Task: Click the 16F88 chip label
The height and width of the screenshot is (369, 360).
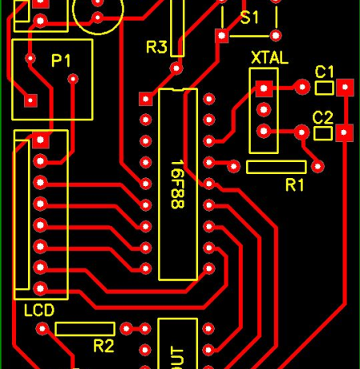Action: [x=177, y=184]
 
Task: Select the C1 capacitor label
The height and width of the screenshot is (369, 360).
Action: [x=325, y=71]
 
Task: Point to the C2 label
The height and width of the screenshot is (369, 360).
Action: [x=322, y=117]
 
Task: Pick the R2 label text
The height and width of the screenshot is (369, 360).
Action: [x=103, y=346]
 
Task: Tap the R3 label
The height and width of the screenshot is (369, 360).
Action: [x=156, y=47]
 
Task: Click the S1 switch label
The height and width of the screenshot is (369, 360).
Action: [x=249, y=17]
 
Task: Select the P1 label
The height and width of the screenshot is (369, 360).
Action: [x=61, y=60]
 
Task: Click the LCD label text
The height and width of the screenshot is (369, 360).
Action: [x=38, y=310]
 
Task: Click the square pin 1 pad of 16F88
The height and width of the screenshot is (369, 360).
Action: [x=146, y=99]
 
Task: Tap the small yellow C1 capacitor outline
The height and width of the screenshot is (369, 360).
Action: [x=324, y=86]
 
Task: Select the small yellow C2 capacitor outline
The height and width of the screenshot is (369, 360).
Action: [x=322, y=132]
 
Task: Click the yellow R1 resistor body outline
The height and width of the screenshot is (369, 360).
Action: [x=276, y=167]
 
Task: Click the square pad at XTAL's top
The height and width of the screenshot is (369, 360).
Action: [x=262, y=88]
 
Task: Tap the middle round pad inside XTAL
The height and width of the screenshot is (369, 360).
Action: [x=262, y=109]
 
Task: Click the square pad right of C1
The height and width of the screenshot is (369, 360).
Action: [x=346, y=87]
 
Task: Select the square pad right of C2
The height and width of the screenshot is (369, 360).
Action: [x=346, y=132]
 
